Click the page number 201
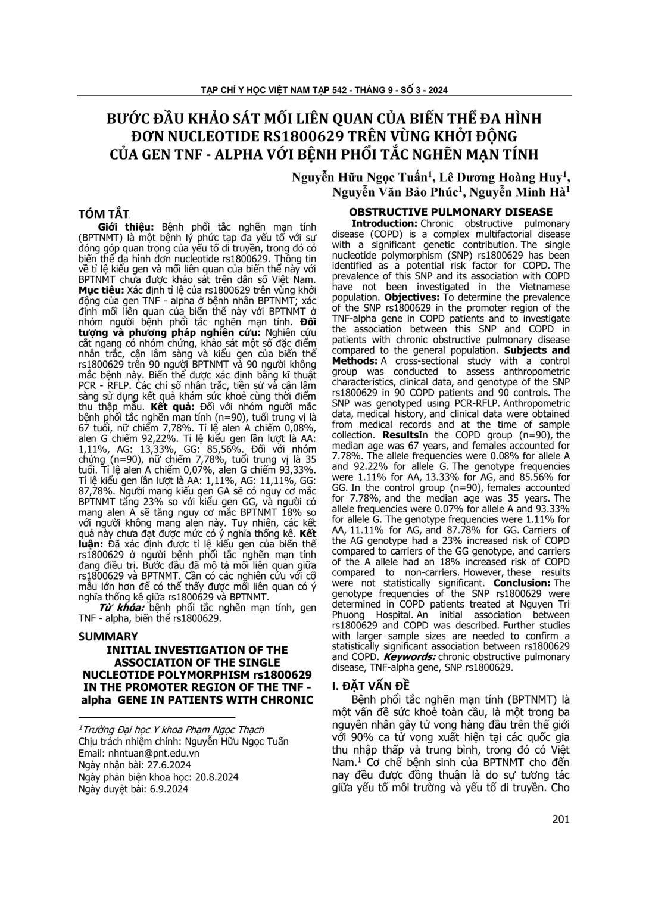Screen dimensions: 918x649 tap(560, 819)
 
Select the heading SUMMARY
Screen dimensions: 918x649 tap(108, 636)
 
